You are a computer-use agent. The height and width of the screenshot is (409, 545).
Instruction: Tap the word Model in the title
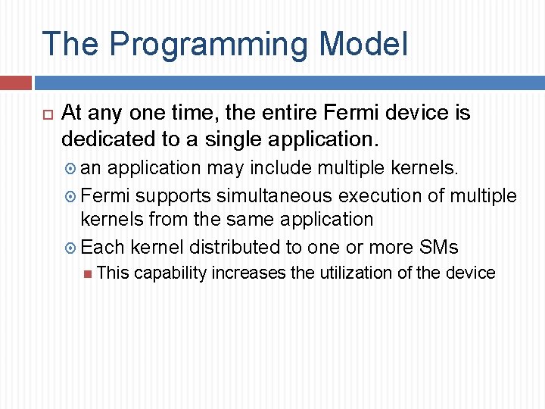click(363, 44)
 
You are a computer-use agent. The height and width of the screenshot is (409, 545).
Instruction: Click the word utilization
click(364, 273)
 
